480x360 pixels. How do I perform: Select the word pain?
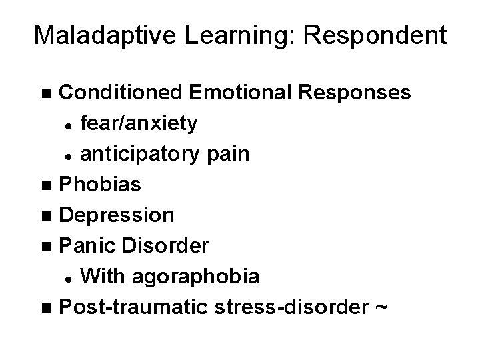click(x=227, y=154)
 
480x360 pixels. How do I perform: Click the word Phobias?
click(x=100, y=184)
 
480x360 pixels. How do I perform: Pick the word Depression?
click(x=117, y=215)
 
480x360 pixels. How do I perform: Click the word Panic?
click(x=83, y=246)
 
